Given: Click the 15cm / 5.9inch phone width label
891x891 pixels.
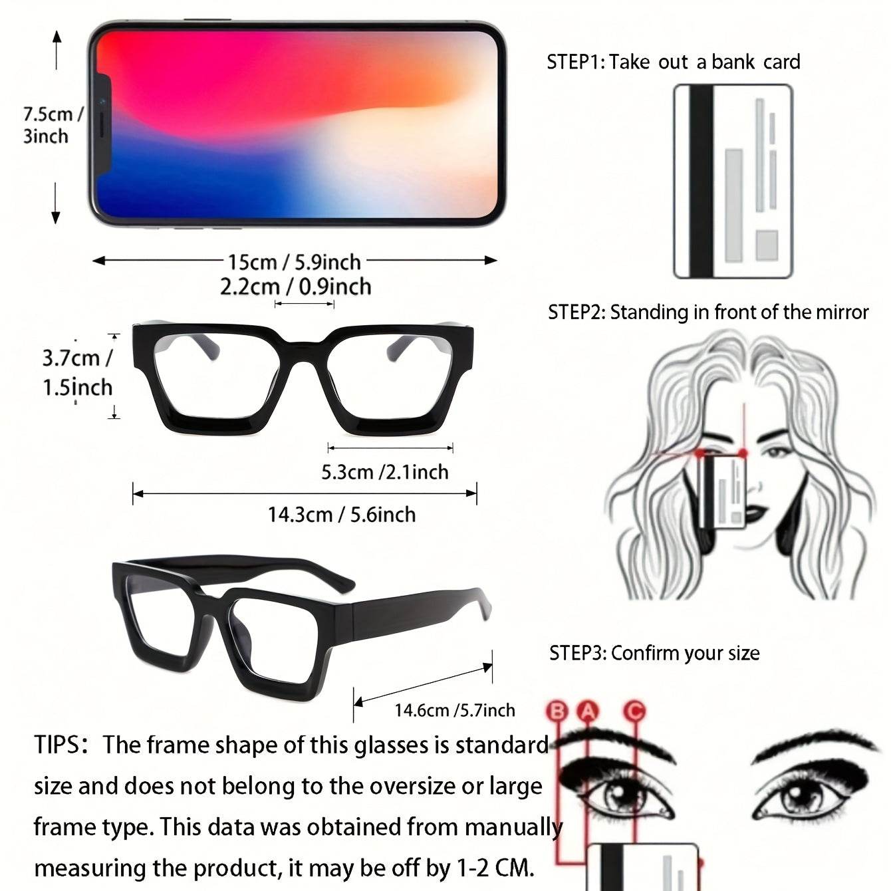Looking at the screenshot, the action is click(294, 262).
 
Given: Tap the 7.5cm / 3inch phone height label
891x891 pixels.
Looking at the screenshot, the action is click(53, 125).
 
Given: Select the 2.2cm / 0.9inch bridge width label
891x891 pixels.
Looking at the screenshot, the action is click(295, 287).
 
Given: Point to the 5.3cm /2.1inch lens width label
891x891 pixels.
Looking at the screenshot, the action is click(385, 472).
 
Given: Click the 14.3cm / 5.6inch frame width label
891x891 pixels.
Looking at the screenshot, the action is click(342, 515).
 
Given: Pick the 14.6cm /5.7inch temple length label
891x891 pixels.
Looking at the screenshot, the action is click(455, 709).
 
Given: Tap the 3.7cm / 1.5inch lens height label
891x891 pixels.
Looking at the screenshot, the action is click(77, 372).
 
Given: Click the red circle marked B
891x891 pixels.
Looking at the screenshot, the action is click(557, 711).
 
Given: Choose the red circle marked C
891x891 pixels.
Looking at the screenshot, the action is click(634, 711).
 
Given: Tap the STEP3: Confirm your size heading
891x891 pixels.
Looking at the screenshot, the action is click(654, 654).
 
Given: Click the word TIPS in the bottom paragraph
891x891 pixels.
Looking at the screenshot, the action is click(57, 745).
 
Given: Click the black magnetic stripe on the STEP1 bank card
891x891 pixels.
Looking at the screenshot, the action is click(701, 182).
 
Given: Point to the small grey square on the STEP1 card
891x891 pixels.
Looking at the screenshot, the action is click(767, 245).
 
